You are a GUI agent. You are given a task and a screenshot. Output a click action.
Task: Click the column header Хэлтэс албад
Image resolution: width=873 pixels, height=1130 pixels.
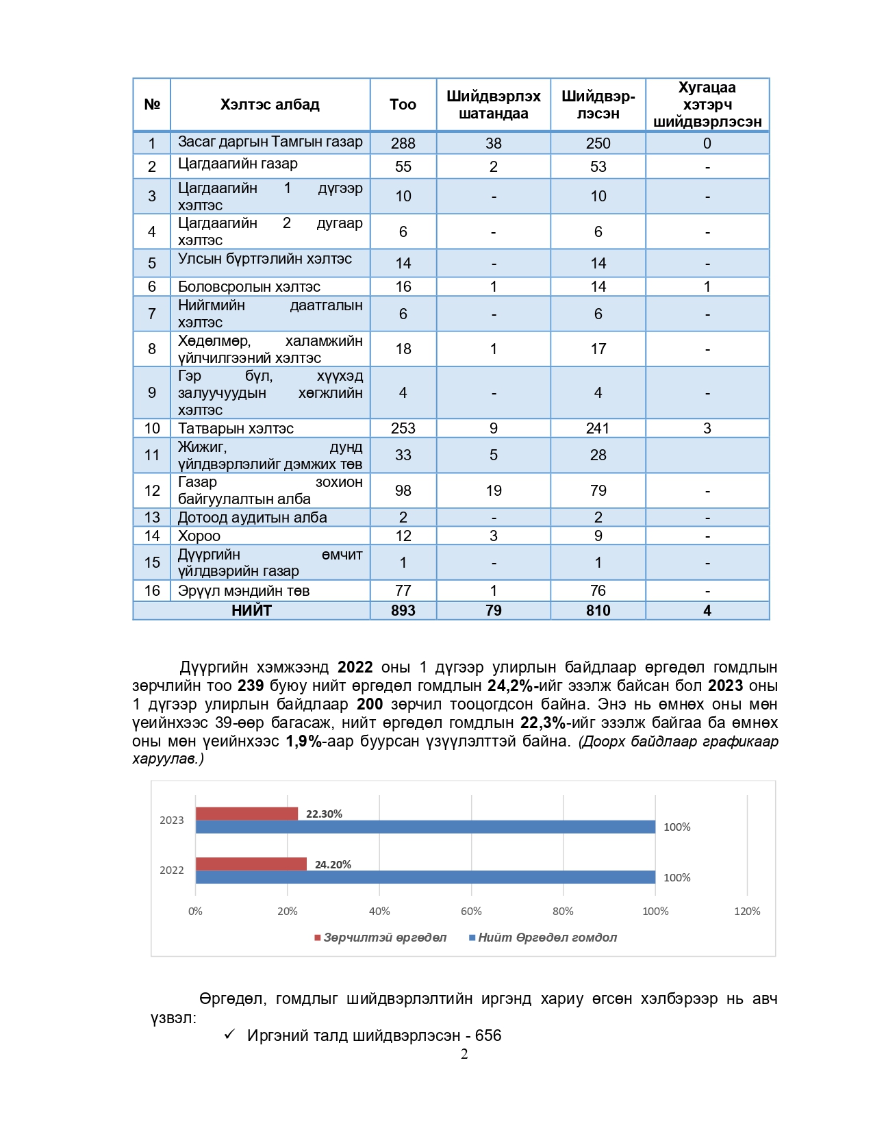coord(270,105)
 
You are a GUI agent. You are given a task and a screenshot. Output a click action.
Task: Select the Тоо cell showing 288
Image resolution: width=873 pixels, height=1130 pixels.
coord(403,143)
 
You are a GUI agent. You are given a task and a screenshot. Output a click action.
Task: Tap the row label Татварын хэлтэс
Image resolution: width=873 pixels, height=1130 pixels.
coord(236,429)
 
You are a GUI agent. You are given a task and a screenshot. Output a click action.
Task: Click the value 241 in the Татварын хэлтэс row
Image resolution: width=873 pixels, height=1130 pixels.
coord(597,429)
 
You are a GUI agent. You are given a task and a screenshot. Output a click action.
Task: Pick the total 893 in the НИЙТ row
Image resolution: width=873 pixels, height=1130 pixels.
coord(403,611)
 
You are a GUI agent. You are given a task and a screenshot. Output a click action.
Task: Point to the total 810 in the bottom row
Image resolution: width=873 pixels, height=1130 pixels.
coord(598,611)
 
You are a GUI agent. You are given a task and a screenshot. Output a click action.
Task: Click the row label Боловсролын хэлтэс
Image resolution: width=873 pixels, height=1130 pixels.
coord(249,287)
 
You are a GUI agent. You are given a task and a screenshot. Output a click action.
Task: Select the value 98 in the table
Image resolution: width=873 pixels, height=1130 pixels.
coord(403,491)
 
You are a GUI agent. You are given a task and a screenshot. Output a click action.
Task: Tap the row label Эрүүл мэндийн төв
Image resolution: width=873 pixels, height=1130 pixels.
coord(244,591)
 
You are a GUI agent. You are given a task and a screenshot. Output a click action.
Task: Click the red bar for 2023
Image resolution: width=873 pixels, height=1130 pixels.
coord(246,814)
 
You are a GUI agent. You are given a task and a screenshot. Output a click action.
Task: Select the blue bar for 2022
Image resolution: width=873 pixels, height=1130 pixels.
coord(425,877)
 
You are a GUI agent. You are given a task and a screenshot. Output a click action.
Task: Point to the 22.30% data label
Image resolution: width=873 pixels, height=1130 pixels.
coord(324,814)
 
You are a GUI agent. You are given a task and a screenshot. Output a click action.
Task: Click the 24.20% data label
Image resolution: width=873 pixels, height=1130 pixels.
coord(333,865)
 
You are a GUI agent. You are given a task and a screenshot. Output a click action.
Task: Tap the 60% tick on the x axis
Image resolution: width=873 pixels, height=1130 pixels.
coord(471,912)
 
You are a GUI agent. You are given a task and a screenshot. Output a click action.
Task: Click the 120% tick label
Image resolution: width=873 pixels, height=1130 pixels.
coord(747,912)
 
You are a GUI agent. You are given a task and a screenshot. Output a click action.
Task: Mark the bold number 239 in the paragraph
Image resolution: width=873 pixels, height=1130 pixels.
coord(251,686)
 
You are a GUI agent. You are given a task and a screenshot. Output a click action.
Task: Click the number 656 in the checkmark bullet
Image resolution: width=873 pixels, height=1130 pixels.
coord(488,1035)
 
